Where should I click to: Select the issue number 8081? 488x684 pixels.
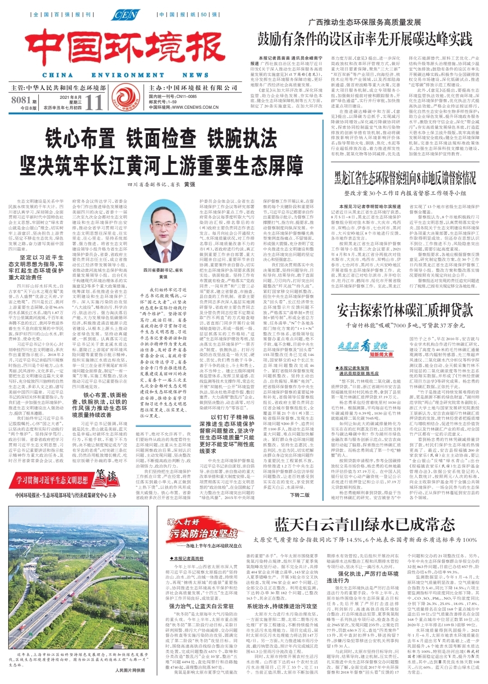21,100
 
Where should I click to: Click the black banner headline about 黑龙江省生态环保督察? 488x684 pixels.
399,177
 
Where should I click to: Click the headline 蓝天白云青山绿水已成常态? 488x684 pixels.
365,525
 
